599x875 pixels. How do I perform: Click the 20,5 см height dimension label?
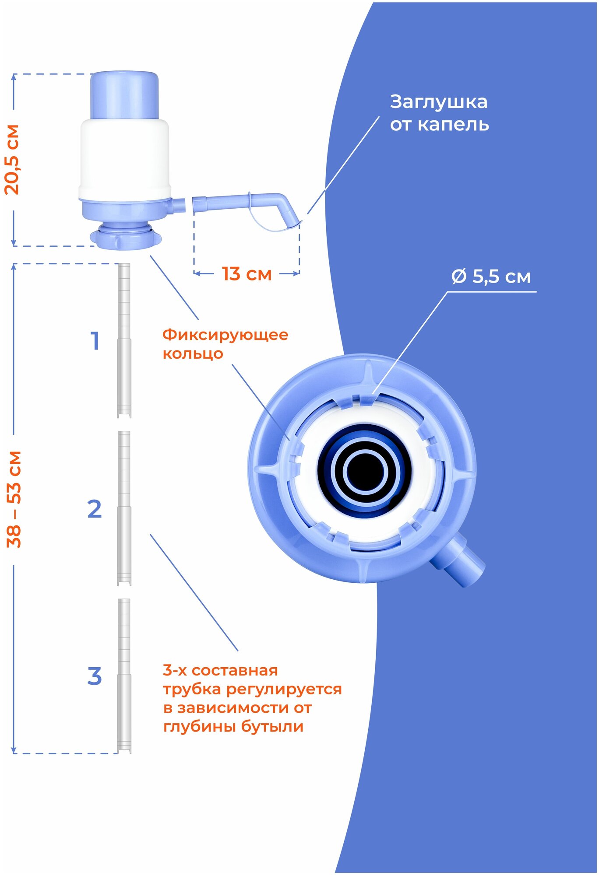[x=12, y=160]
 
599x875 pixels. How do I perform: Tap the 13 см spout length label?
[x=247, y=274]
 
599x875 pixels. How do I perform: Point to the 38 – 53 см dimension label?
[x=14, y=499]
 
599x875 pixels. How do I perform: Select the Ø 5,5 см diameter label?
[x=491, y=277]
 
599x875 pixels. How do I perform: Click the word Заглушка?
[x=438, y=102]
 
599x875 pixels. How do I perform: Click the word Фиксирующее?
[x=225, y=335]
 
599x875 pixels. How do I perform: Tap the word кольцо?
[x=193, y=353]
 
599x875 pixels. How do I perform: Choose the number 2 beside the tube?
[x=95, y=509]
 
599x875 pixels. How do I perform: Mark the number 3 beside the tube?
[x=95, y=676]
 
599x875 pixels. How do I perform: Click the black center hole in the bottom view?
[x=365, y=472]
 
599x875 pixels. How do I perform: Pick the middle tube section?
[x=124, y=508]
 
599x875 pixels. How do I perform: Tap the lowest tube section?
[x=124, y=676]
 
